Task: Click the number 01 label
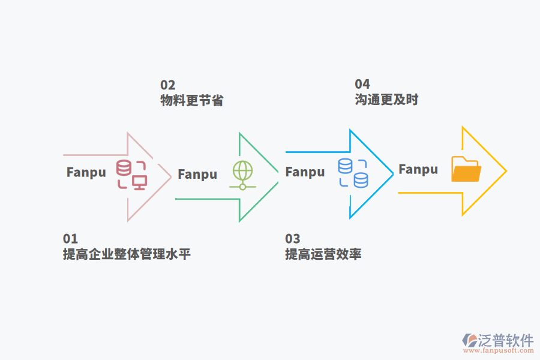point(70,239)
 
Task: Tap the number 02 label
point(167,85)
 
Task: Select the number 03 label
point(292,239)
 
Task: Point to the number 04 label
point(362,84)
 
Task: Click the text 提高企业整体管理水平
point(127,254)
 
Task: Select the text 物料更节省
point(191,101)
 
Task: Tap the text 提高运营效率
point(323,254)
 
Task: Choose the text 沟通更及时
point(386,100)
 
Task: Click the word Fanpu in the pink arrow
point(86,172)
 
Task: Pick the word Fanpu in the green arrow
point(197,175)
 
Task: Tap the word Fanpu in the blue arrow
point(305,172)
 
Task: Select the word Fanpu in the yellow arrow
point(418,169)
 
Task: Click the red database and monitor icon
point(132,175)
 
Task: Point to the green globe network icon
point(242,175)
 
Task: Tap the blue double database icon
point(353,172)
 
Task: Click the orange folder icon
point(466,170)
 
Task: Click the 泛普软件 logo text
point(506,340)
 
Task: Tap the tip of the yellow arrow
point(506,171)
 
